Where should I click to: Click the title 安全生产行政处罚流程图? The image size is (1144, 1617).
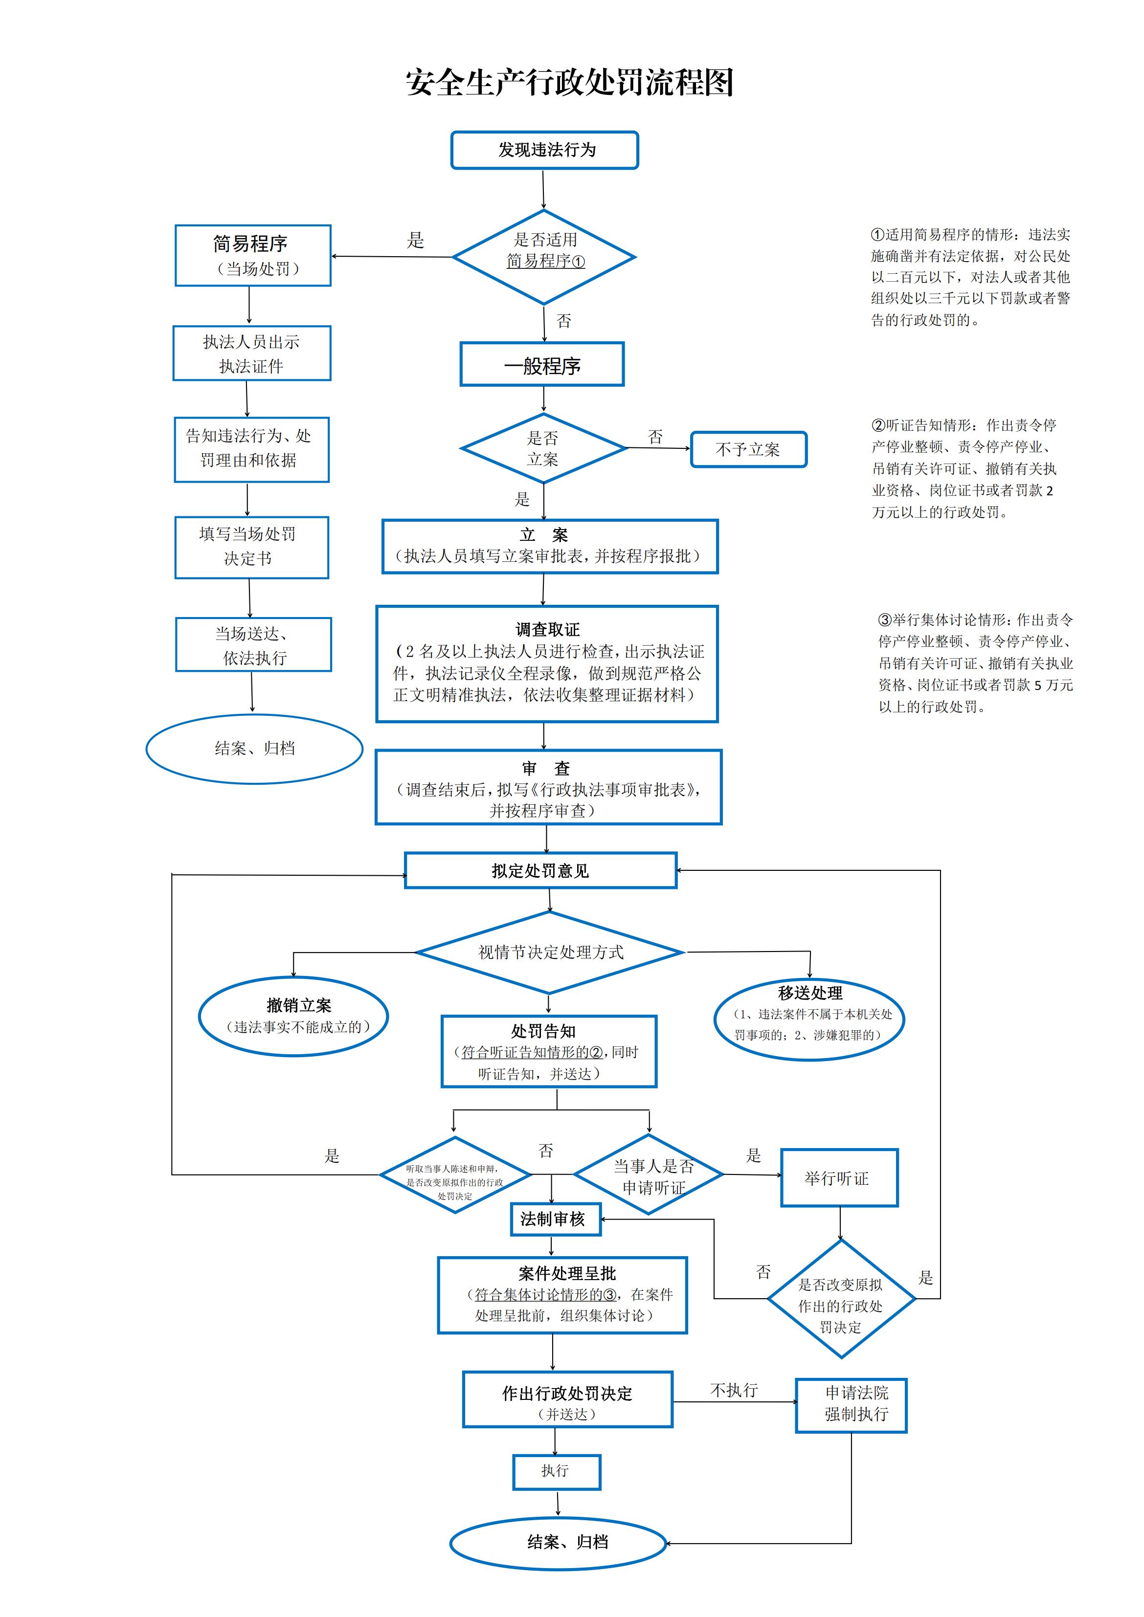(x=570, y=83)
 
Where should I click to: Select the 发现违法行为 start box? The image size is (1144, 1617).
(x=544, y=150)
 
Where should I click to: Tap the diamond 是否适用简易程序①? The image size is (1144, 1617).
(x=544, y=257)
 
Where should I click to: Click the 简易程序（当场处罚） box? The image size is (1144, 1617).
(x=253, y=256)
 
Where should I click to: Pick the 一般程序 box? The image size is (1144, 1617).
(x=542, y=365)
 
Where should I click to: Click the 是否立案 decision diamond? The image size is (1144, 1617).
(x=543, y=448)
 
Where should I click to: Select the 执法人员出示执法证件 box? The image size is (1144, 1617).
(x=251, y=354)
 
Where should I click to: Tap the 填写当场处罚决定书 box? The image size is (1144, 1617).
(x=251, y=547)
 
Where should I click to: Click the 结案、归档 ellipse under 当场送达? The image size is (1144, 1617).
(x=254, y=749)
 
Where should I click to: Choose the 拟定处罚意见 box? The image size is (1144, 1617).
(x=540, y=870)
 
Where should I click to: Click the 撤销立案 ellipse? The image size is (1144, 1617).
(x=294, y=1016)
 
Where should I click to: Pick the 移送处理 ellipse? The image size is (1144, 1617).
(x=809, y=1019)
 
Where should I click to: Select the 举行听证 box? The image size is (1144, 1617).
(x=839, y=1177)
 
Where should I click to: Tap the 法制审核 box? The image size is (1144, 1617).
(x=555, y=1219)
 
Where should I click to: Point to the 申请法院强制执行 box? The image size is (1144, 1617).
(x=851, y=1405)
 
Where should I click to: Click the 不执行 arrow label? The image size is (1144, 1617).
(x=734, y=1390)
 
